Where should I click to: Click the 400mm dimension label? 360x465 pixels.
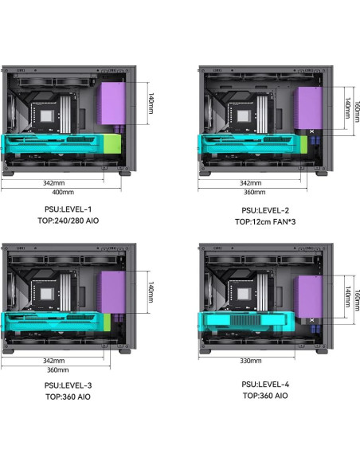pyautogui.click(x=63, y=192)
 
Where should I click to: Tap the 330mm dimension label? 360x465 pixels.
pyautogui.click(x=251, y=361)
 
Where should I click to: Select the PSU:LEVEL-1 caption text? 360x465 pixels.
pyautogui.click(x=68, y=209)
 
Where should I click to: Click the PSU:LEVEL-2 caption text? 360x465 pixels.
pyautogui.click(x=265, y=210)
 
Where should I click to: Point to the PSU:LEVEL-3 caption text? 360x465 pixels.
pyautogui.click(x=68, y=385)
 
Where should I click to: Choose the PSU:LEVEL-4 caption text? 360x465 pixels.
pyautogui.click(x=265, y=385)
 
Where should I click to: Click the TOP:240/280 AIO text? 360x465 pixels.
pyautogui.click(x=68, y=221)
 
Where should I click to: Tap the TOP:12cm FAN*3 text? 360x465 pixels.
pyautogui.click(x=265, y=222)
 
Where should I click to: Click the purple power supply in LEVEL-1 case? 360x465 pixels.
pyautogui.click(x=111, y=103)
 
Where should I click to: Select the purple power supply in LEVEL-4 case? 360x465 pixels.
pyautogui.click(x=307, y=296)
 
